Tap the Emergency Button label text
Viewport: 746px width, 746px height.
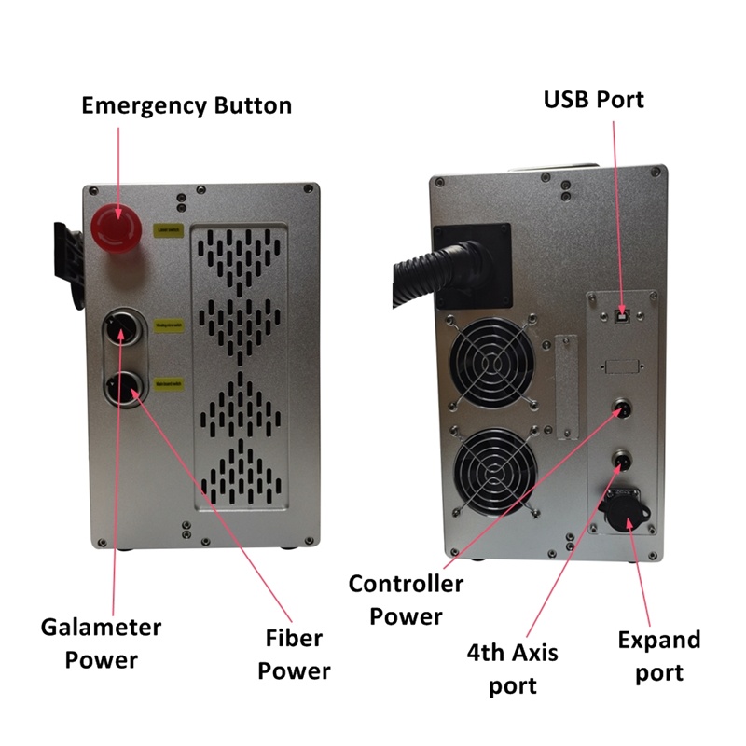click(186, 104)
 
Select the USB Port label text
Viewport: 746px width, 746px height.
click(594, 99)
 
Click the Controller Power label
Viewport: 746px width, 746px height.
click(406, 600)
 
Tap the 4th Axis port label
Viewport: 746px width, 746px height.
click(513, 669)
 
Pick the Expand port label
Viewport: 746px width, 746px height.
click(659, 656)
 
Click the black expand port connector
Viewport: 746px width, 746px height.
click(620, 508)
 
